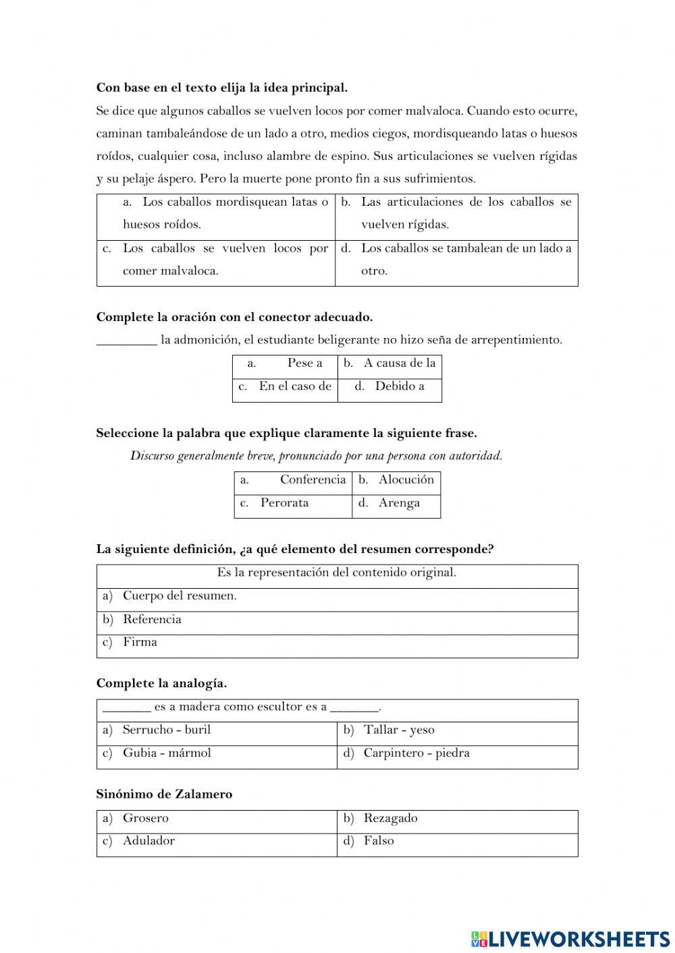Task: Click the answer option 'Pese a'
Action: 304,364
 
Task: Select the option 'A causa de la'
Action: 399,364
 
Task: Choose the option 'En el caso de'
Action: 295,386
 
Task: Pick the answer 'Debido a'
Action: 399,386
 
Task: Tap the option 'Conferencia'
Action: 313,480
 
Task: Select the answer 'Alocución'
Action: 406,480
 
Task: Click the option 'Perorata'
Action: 284,503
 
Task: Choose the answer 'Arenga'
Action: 399,503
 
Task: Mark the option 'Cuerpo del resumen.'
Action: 180,596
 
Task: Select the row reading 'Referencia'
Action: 152,620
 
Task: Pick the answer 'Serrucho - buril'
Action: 167,730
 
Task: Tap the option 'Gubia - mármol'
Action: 167,753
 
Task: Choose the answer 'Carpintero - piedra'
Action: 416,753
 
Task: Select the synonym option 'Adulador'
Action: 148,841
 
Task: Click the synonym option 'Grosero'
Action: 146,819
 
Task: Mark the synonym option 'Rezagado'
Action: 390,819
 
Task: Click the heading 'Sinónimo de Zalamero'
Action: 164,795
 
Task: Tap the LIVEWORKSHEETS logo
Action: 570,938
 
